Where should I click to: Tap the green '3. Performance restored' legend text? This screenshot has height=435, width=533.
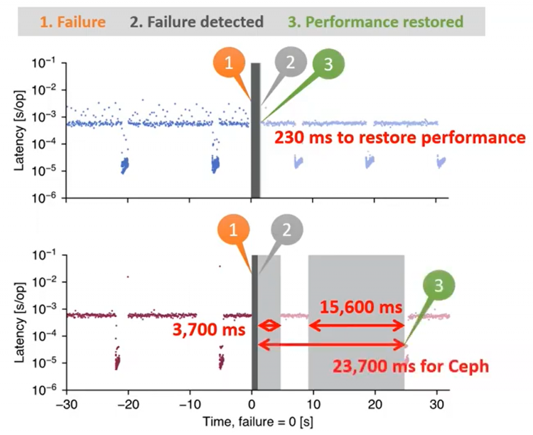tap(384, 22)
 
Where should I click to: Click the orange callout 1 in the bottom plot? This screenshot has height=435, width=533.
tap(233, 229)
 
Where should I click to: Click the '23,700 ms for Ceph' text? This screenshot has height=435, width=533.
tap(411, 367)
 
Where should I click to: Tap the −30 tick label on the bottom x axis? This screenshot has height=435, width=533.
tap(67, 405)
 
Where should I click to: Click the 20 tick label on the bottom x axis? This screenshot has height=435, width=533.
tap(375, 405)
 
